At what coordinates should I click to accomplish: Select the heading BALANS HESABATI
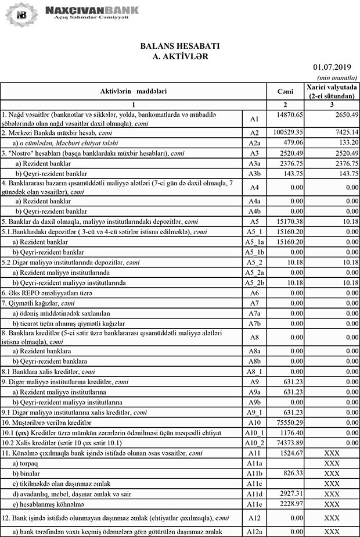[x=179, y=46]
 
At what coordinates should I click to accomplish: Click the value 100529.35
[x=289, y=133]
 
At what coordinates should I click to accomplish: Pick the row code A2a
[x=254, y=143]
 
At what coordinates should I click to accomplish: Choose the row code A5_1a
[x=254, y=241]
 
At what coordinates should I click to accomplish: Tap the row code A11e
[x=254, y=503]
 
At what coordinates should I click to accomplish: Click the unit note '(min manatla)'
[x=337, y=78]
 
